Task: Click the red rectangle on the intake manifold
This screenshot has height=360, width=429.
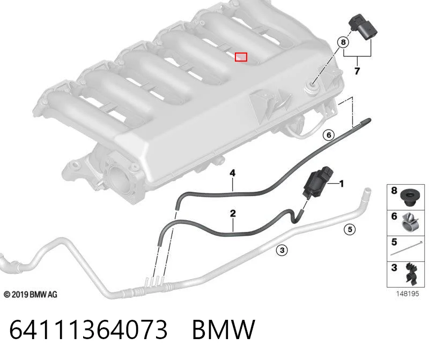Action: [241, 57]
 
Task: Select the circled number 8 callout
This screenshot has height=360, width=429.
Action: [343, 42]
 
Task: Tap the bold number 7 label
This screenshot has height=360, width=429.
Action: [357, 71]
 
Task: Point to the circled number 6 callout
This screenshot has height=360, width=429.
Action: [329, 135]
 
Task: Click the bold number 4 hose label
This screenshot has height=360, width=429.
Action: [232, 172]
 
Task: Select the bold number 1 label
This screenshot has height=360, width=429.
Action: [341, 184]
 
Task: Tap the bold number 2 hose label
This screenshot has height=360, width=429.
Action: [233, 213]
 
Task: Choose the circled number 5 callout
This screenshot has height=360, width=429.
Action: [350, 229]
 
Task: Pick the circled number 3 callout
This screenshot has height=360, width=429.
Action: [282, 250]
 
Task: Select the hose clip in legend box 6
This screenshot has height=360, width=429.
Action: [410, 222]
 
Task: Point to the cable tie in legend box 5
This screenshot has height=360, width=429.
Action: [406, 248]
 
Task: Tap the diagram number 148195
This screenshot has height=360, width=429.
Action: [408, 294]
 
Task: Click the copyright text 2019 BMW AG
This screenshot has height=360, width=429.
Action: [31, 295]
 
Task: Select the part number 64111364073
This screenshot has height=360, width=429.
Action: [88, 329]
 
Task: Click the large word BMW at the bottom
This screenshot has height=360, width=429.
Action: [224, 329]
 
